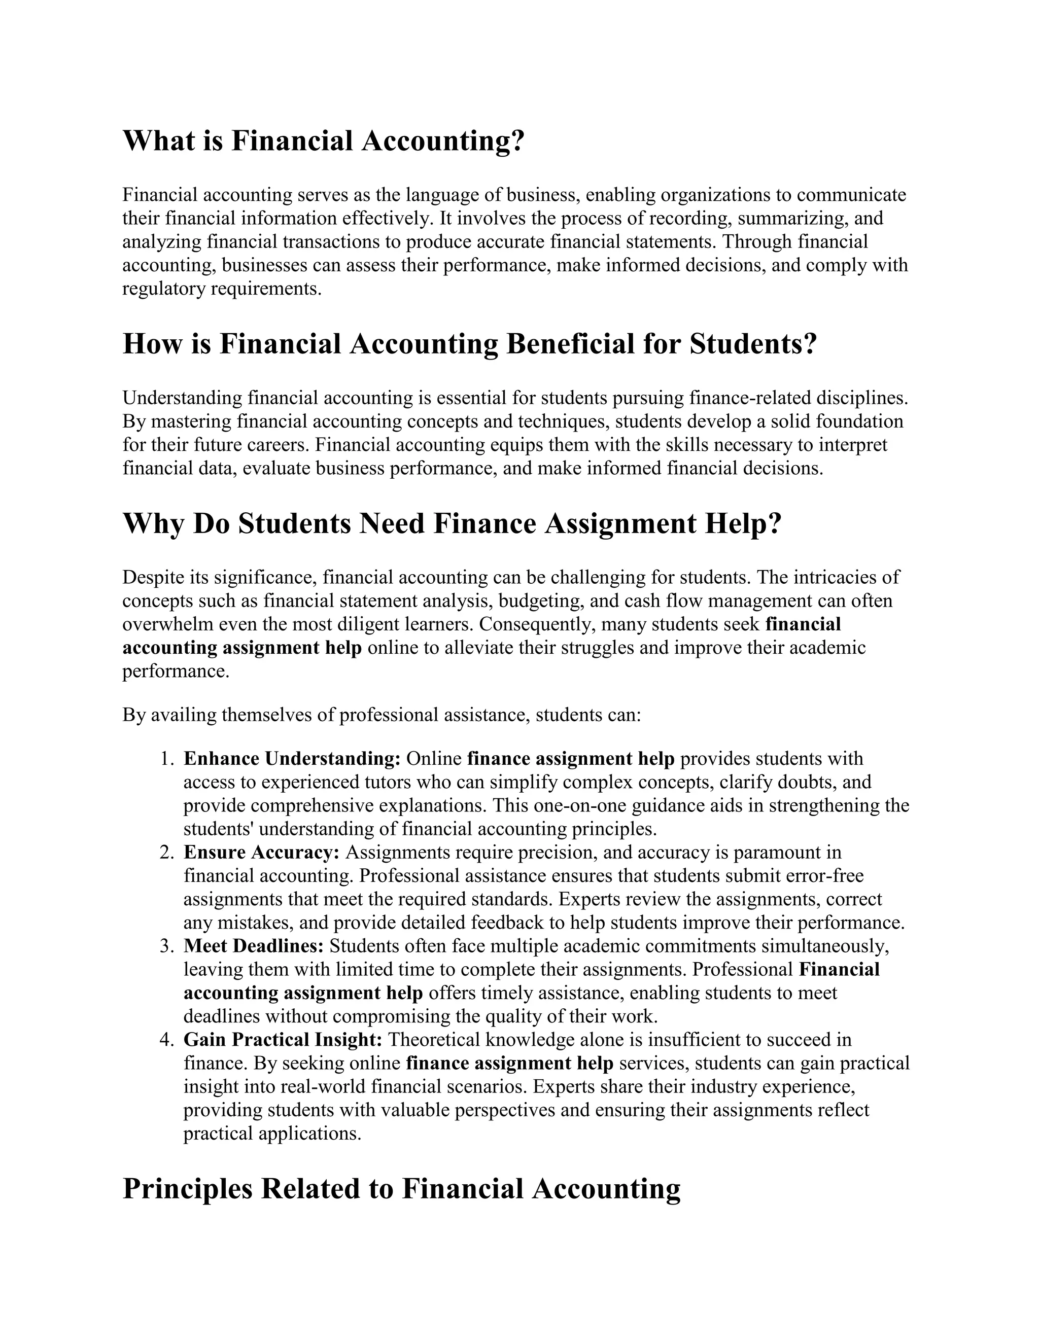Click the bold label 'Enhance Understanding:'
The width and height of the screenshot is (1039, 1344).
click(x=292, y=759)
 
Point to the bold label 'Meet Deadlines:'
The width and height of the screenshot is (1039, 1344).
click(x=254, y=946)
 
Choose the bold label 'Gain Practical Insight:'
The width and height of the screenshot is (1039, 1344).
click(x=283, y=1039)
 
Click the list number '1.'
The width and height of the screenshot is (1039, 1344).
click(x=167, y=759)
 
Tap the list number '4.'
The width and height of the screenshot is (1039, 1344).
click(x=167, y=1039)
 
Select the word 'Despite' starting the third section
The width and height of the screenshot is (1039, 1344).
click(x=150, y=577)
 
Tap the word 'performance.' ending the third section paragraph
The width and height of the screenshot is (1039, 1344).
click(x=176, y=671)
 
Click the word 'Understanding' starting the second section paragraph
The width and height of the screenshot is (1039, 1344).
click(x=182, y=398)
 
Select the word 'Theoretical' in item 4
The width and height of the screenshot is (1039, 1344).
click(x=435, y=1039)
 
